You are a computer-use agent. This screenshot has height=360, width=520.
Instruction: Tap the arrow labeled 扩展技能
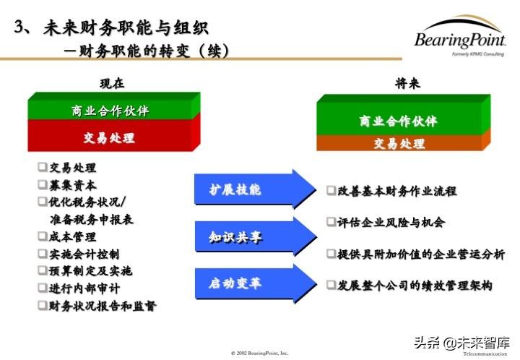click(253, 190)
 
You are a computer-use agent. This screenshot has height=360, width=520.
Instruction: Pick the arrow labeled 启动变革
click(253, 282)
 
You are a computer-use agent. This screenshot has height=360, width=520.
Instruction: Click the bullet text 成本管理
click(72, 236)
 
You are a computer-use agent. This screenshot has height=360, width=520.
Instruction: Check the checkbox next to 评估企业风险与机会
click(331, 222)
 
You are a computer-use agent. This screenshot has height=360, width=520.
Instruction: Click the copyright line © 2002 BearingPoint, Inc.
click(259, 353)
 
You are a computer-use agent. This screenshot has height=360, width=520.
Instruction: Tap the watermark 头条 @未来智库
click(467, 343)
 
